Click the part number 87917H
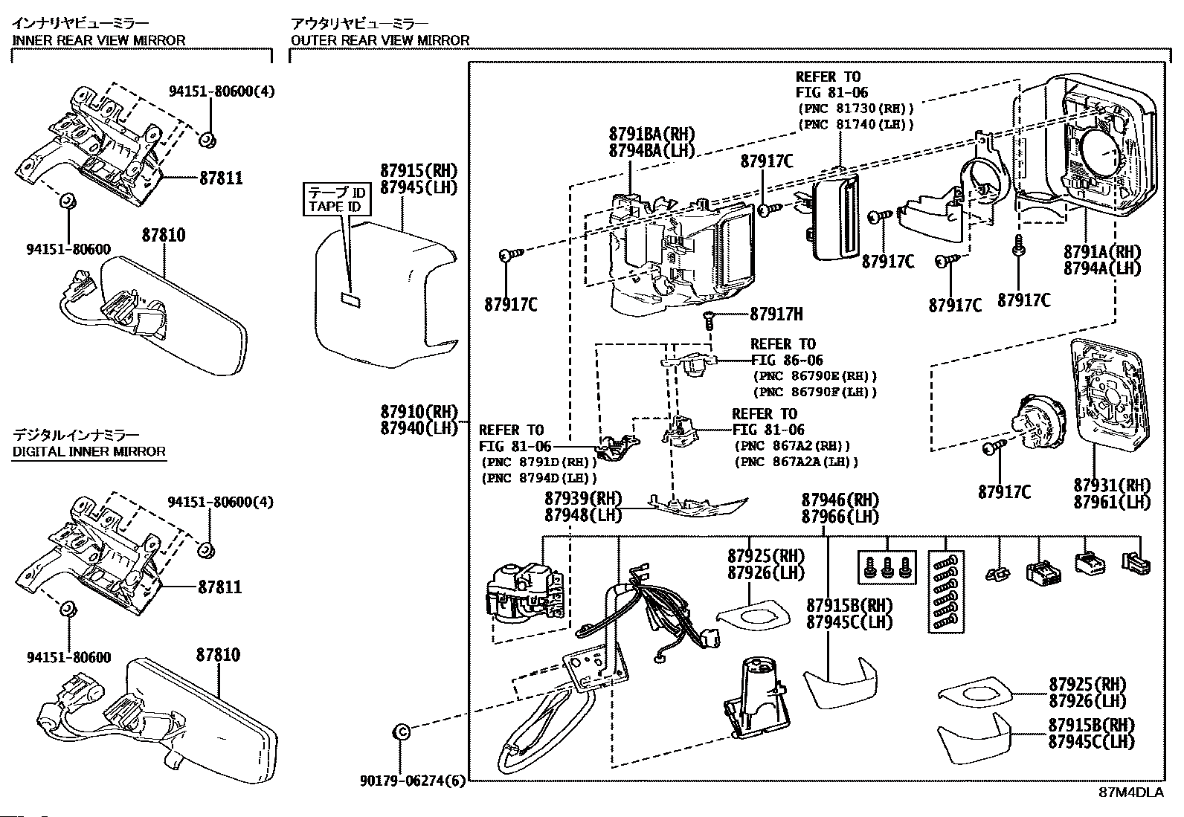776,314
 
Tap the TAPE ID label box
335,199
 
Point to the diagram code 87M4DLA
1131,792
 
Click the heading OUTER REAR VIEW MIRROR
380,40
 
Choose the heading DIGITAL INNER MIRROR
89,451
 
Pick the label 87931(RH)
1111,485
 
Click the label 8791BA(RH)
651,135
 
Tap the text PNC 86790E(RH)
814,376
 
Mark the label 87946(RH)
840,500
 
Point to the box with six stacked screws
946,592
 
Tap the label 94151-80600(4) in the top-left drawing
221,92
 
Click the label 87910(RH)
419,412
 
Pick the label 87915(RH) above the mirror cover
419,170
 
